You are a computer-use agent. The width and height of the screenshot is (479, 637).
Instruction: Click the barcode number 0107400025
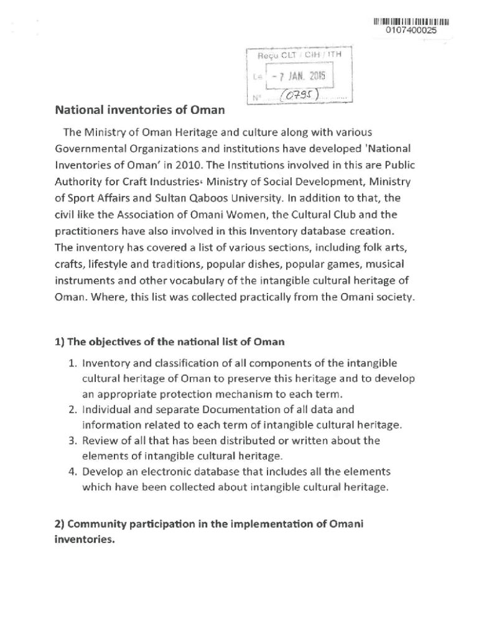(411, 30)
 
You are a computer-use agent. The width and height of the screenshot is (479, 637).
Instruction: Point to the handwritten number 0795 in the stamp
(300, 96)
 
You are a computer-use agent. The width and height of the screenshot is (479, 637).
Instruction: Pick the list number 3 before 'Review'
(70, 440)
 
